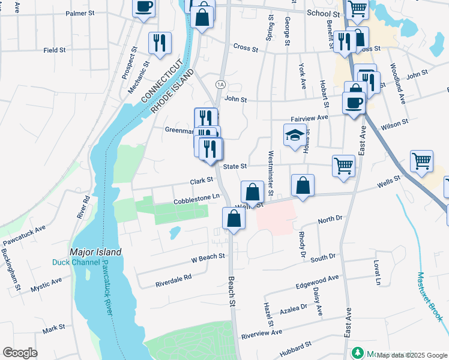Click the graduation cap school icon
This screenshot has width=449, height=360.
pos(295,136)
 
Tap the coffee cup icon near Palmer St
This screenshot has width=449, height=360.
pos(144,8)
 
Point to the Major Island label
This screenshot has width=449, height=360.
pos(95,252)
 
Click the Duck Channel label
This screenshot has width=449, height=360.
pos(72,262)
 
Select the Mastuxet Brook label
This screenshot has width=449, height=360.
pos(430,297)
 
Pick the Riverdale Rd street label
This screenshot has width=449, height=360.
pos(173,278)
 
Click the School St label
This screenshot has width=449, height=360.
pos(323,13)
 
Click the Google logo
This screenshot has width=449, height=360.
pos(20,353)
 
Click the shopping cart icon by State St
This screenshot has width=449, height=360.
pos(343,164)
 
